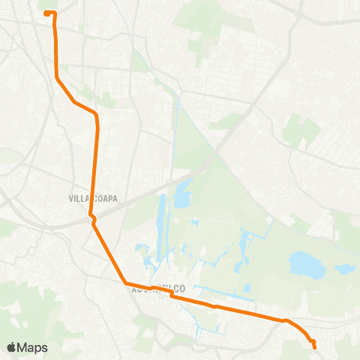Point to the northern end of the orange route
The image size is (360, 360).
(x=47, y=13)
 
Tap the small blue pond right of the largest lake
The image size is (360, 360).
(x=345, y=268)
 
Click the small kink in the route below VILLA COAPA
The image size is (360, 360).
(x=91, y=218)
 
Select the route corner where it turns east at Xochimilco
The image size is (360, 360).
(x=126, y=283)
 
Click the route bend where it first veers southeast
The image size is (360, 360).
(x=57, y=78)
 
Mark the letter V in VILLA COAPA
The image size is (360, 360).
(x=70, y=199)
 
